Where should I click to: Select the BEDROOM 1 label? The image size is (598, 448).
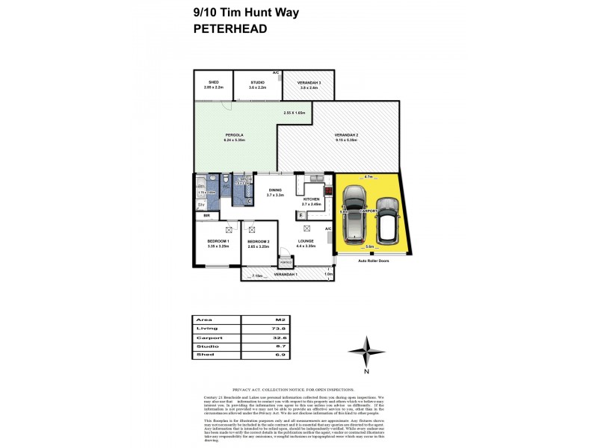pyautogui.click(x=218, y=242)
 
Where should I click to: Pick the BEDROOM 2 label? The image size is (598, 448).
pyautogui.click(x=258, y=242)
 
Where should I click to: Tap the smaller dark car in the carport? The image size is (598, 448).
pyautogui.click(x=387, y=221)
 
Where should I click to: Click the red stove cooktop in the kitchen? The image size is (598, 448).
pyautogui.click(x=327, y=202)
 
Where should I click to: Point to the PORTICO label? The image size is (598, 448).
pyautogui.click(x=285, y=264)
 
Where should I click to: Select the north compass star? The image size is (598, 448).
pyautogui.click(x=367, y=350)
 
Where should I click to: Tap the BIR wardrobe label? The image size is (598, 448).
pyautogui.click(x=207, y=216)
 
